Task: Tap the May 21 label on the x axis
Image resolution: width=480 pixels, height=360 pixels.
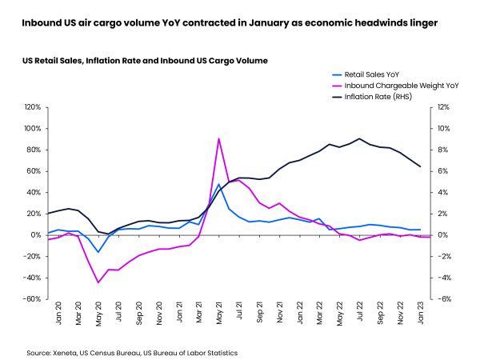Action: (219, 315)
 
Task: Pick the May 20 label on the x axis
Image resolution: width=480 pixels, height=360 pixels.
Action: (98, 315)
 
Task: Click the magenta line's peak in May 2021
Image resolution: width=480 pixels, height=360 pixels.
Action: (219, 138)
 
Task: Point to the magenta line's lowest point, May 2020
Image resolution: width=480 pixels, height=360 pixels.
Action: (98, 282)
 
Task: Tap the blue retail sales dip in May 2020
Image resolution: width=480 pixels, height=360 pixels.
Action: (98, 252)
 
